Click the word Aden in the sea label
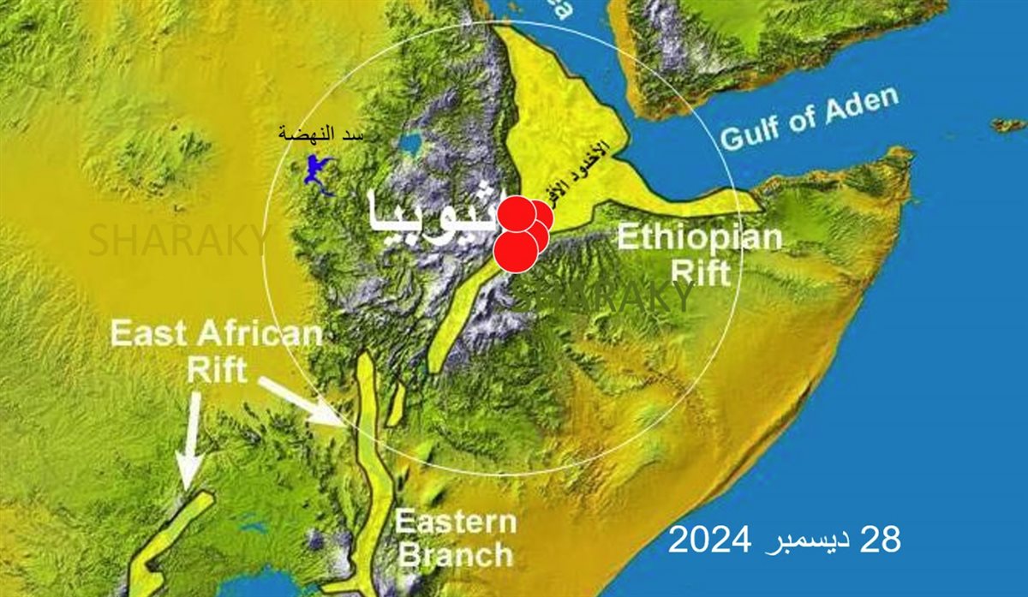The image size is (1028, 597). click(x=859, y=106)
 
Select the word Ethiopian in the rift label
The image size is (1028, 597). click(x=700, y=237)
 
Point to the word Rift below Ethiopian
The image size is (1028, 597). click(x=701, y=272)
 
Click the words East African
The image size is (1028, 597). click(x=216, y=334)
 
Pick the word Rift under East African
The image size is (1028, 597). click(x=217, y=370)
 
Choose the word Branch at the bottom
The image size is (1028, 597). click(x=457, y=554)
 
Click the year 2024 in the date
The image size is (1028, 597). click(x=710, y=540)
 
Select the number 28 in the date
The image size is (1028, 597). click(x=881, y=540)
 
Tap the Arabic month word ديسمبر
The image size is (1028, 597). click(x=804, y=541)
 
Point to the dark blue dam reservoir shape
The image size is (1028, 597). click(x=319, y=172)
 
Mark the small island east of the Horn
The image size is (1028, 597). click(x=1008, y=125)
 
